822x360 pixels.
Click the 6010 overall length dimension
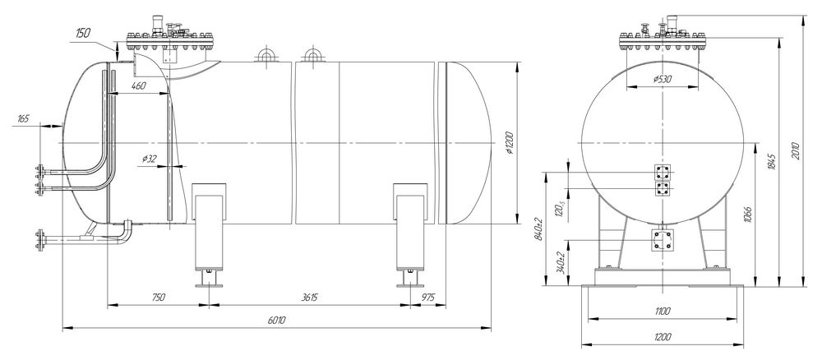[x=276, y=321]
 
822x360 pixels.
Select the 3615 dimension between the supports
[x=309, y=297]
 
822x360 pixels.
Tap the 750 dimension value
[x=158, y=297]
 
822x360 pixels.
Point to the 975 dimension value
[x=428, y=297]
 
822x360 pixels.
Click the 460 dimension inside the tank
[x=138, y=85]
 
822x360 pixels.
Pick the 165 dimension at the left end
[x=23, y=119]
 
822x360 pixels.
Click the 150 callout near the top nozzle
[x=83, y=33]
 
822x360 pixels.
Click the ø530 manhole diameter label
[x=663, y=79]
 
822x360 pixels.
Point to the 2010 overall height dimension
[x=797, y=150]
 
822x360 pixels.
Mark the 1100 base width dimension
[x=663, y=312]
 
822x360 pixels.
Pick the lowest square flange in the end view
[x=662, y=240]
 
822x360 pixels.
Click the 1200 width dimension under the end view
[x=663, y=337]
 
